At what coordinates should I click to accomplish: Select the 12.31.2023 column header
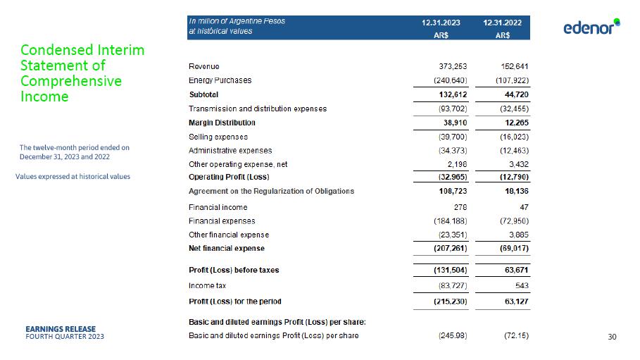pyautogui.click(x=441, y=23)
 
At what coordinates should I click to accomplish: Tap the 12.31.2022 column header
pyautogui.click(x=503, y=23)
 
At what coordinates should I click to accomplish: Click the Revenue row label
pyautogui.click(x=204, y=66)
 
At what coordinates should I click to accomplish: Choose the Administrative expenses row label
pyautogui.click(x=230, y=151)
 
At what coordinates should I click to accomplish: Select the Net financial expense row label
pyautogui.click(x=227, y=248)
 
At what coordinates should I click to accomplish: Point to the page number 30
pyautogui.click(x=612, y=337)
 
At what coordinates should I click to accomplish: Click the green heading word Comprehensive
pyautogui.click(x=71, y=81)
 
